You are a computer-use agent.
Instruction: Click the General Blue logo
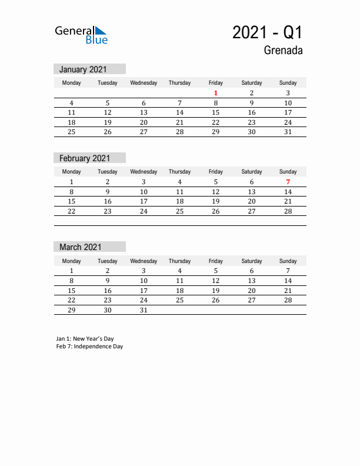81,35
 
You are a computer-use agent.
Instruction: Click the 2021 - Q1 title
268,32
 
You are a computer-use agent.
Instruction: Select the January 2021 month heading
83,69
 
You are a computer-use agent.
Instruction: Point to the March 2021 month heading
80,247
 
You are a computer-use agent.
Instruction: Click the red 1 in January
216,93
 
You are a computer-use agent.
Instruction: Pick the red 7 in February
288,182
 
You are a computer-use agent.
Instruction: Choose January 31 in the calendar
288,132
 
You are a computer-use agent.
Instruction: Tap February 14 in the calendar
288,192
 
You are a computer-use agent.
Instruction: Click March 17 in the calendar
144,291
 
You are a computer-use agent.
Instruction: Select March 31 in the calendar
144,309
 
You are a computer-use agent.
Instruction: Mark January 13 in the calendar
144,112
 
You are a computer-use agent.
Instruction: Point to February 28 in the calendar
288,211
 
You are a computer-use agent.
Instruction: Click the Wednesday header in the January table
144,83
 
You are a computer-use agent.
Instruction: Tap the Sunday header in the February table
288,172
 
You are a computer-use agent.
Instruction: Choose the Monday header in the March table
72,261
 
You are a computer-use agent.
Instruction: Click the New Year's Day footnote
85,339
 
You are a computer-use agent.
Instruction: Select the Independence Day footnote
89,347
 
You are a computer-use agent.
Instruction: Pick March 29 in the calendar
72,309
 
